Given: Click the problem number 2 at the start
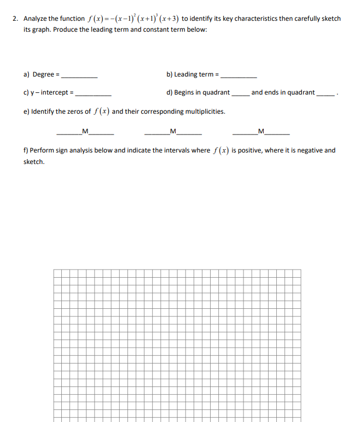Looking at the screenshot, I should (15, 19).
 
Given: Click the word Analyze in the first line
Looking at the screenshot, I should (34, 19).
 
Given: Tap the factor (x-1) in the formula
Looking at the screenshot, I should (124, 19).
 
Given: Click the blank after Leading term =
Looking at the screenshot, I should (238, 75).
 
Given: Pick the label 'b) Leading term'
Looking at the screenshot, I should (189, 74).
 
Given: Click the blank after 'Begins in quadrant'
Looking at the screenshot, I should (240, 93).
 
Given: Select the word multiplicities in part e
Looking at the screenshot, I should (205, 112).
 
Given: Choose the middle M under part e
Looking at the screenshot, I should (173, 130).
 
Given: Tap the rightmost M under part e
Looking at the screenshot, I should (260, 130).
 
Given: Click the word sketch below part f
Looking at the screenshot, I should (34, 162).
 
